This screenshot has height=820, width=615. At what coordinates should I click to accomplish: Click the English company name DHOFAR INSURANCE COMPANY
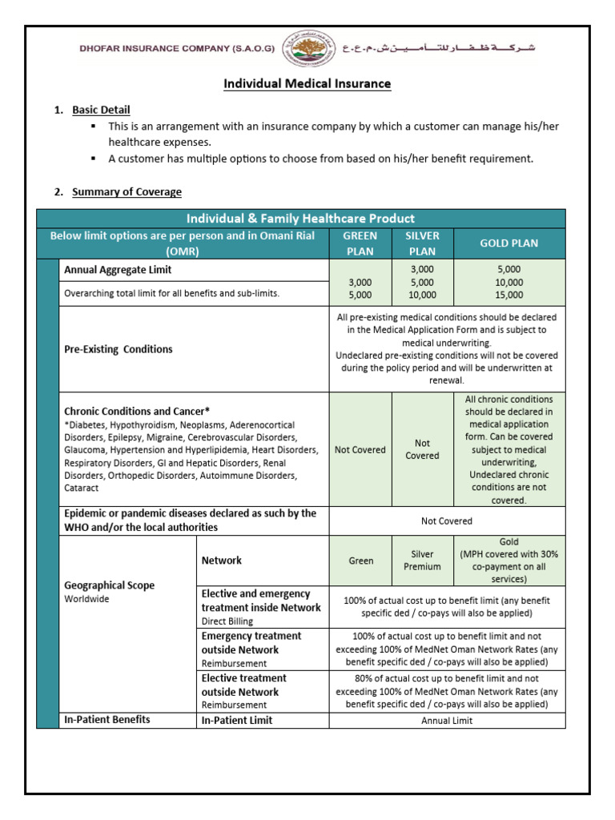point(177,49)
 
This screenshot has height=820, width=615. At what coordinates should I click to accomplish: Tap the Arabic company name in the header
point(439,48)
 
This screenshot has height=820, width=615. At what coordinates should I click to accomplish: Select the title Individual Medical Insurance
point(307,83)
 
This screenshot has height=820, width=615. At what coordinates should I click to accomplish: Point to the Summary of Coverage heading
point(127,191)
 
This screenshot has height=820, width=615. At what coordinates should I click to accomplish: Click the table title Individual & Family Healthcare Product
point(300,219)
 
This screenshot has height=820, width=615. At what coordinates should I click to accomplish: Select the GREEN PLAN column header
point(360,243)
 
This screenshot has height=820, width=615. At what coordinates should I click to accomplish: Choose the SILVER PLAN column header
point(422,243)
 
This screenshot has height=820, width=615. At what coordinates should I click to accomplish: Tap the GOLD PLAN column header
point(508,243)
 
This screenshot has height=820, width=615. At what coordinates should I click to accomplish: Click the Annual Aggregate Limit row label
point(118,270)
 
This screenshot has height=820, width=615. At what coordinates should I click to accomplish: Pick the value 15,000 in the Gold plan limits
point(508,295)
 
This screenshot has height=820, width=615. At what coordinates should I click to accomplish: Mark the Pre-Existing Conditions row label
point(118,349)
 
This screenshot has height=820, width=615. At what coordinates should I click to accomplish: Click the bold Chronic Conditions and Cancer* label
point(137,411)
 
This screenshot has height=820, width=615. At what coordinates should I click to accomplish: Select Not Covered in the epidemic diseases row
point(447,521)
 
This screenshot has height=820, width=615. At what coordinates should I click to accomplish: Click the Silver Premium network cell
point(422,561)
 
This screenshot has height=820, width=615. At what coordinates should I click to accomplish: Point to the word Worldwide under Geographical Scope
point(86,599)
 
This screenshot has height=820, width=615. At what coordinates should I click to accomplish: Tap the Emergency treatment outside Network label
point(251,642)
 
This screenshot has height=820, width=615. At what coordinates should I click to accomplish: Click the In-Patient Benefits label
point(107,720)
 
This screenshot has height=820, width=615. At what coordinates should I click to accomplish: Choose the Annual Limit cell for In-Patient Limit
point(447,721)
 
